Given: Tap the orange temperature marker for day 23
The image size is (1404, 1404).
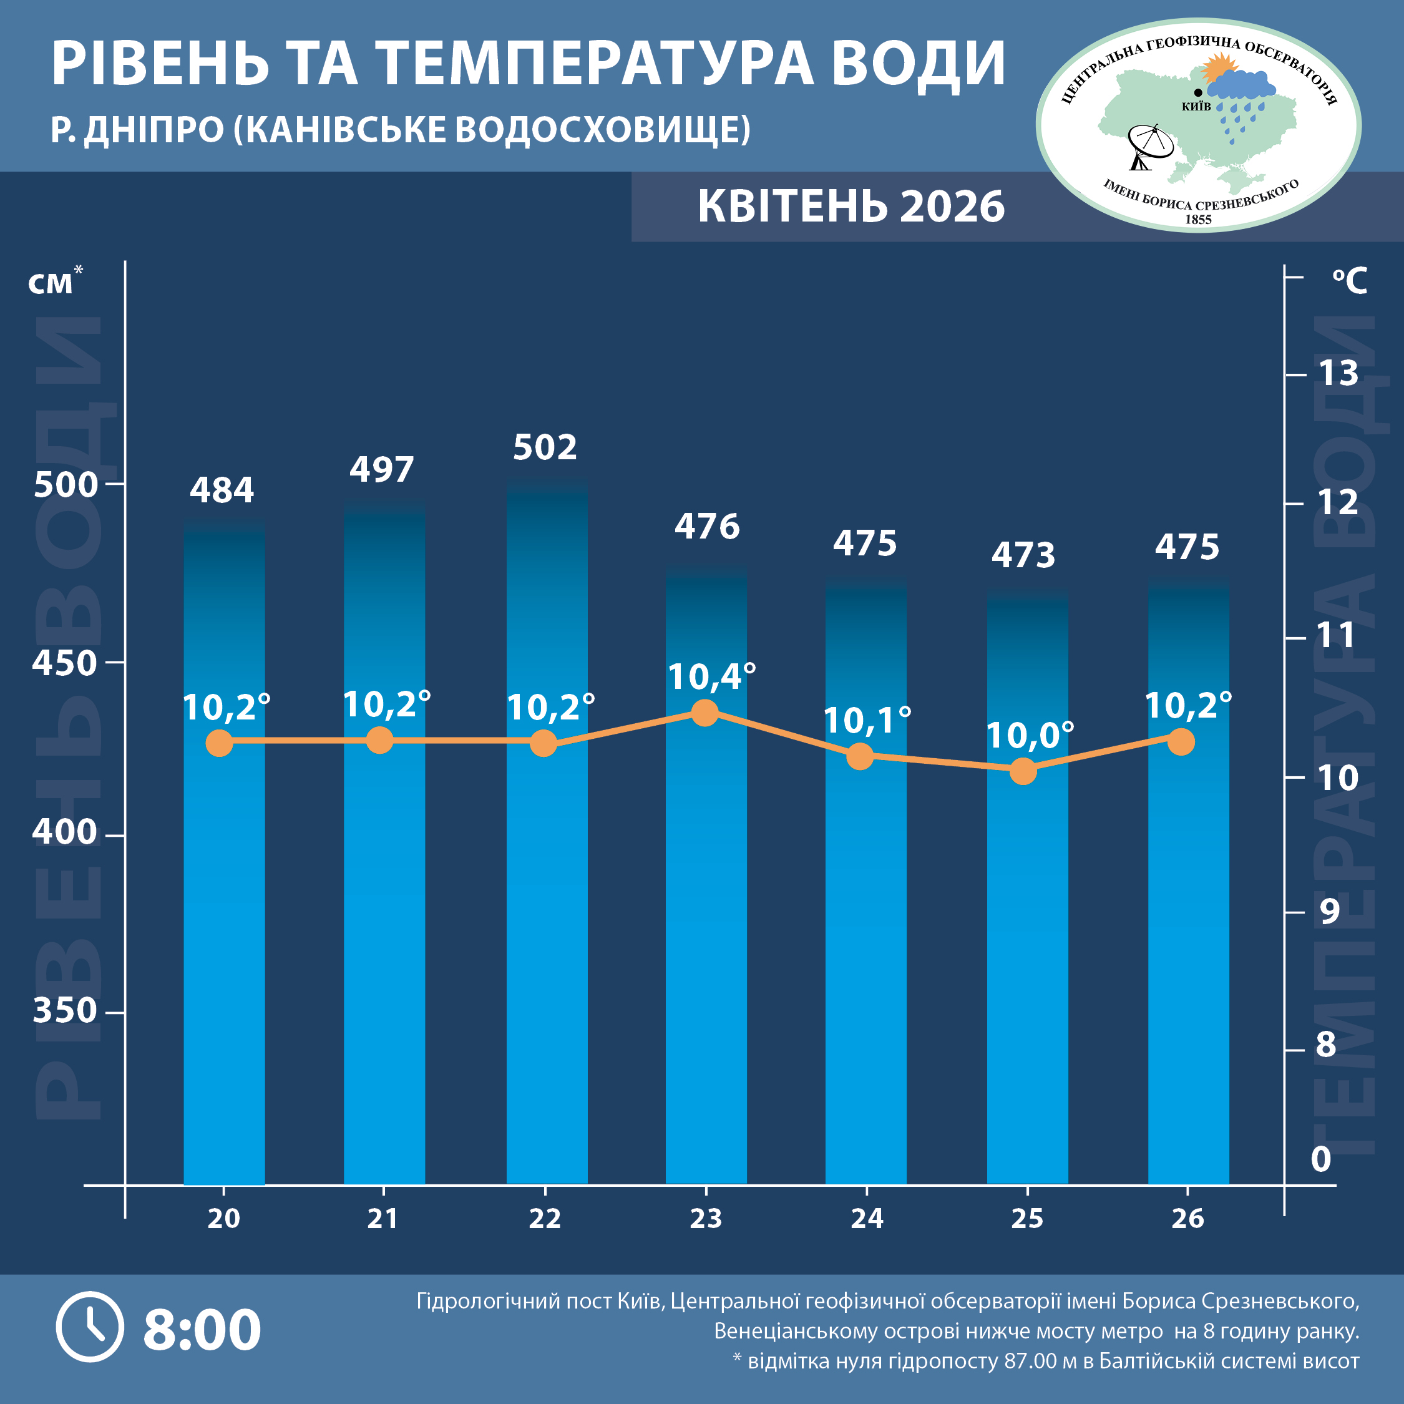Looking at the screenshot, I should click(x=704, y=712).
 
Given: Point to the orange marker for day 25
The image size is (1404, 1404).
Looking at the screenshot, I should click(x=1023, y=771).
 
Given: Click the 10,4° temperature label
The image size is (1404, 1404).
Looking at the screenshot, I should click(x=711, y=677).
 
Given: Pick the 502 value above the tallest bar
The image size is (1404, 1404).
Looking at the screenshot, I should click(x=545, y=447).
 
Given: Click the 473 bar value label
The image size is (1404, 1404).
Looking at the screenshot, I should click(x=1023, y=556).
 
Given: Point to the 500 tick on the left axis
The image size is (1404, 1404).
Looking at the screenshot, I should click(x=66, y=485).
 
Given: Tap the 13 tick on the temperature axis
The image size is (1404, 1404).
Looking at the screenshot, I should click(x=1338, y=374).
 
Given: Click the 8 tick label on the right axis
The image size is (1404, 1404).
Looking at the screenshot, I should click(x=1326, y=1045).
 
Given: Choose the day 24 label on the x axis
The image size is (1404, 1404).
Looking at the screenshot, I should click(x=867, y=1219).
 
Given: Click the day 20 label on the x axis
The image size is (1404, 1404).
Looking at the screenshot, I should click(x=223, y=1219).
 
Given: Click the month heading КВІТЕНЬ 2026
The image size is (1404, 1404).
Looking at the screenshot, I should click(x=851, y=207).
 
